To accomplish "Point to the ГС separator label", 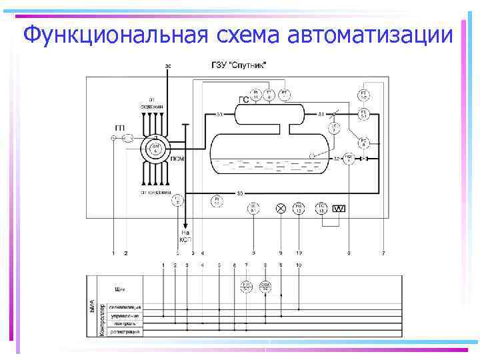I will (244, 100).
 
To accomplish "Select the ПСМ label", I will (177, 159).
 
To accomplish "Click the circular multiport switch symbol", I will (155, 147).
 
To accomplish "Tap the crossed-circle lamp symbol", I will (281, 209).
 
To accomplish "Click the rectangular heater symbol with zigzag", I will (339, 209).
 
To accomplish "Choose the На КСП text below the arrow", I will (186, 235).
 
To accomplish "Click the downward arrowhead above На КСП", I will (186, 225).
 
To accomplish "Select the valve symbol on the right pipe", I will (364, 159).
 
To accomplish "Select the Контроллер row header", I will (101, 319).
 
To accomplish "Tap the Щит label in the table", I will (120, 289).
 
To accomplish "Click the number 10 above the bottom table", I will (298, 265).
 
